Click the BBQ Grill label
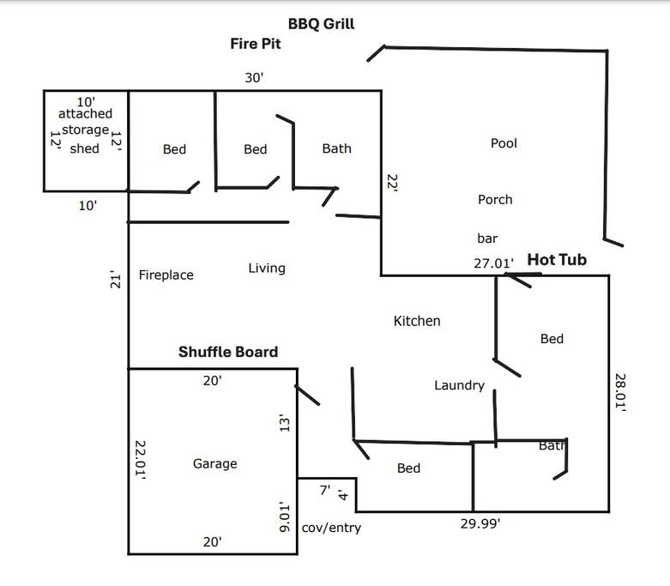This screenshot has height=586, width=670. [x=322, y=24]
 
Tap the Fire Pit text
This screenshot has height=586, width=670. [x=256, y=44]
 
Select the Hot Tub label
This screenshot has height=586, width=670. [x=557, y=259]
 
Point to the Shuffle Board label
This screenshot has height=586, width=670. [x=228, y=352]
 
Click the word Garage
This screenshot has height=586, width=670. [x=215, y=464]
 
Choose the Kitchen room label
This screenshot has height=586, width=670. [x=417, y=321]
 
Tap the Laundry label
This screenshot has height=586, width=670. [x=459, y=385]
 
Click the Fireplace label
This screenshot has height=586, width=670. [x=166, y=275]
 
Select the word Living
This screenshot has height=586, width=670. [x=267, y=269]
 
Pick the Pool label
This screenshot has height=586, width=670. [x=504, y=143]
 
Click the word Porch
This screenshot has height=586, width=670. [x=495, y=200]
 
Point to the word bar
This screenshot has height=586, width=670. [x=487, y=239]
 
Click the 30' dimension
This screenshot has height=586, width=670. [x=254, y=78]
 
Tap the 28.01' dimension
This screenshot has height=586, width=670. [x=620, y=392]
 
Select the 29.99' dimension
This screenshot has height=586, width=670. [x=480, y=523]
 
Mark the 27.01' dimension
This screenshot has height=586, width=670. [x=493, y=263]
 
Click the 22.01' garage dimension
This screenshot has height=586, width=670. [x=140, y=460]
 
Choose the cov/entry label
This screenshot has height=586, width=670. [x=331, y=528]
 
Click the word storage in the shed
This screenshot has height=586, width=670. [x=86, y=130]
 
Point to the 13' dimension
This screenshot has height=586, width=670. [x=285, y=423]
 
